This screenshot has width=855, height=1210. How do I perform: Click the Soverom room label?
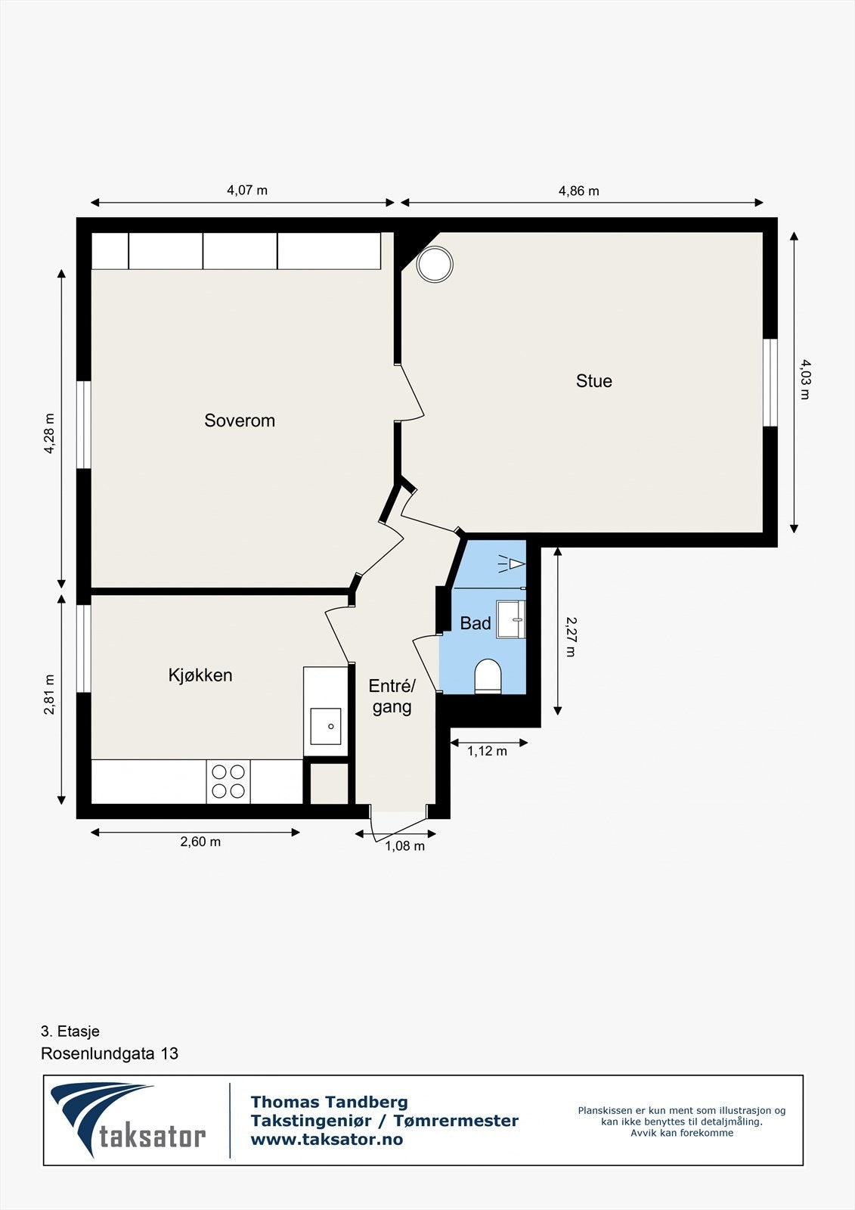240,420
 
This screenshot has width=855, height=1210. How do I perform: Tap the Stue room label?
594,381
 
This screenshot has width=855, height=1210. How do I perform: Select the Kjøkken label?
200,675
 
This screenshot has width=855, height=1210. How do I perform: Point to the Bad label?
476,623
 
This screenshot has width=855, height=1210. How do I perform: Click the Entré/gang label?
392,697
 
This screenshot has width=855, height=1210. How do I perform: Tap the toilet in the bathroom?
488,676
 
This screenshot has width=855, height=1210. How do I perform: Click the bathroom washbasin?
510,619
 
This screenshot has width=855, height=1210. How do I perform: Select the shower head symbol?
512,564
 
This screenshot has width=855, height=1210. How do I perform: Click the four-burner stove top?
228,782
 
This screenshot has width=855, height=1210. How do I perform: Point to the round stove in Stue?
435,264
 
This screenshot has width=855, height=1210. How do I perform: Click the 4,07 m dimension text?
247,190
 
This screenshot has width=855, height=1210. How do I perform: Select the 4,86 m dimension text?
579,191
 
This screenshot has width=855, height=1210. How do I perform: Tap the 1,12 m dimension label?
487,751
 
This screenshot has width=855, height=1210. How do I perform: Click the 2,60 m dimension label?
200,842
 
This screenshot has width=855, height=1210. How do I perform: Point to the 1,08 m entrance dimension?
404,846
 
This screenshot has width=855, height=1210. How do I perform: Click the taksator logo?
129,1121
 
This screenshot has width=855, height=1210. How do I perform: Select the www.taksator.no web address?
327,1139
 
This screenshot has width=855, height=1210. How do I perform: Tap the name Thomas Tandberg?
330,1102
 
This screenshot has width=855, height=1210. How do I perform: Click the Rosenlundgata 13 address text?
110,1054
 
